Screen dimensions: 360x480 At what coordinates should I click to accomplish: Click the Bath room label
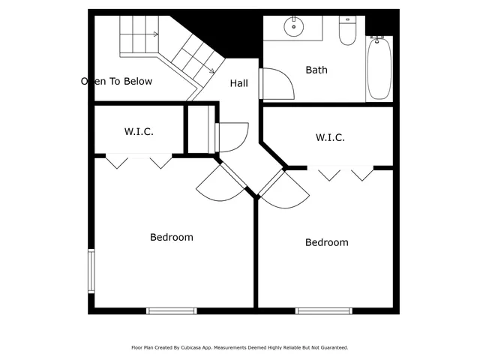click(x=316, y=70)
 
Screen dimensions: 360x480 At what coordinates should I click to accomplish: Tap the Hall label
click(x=239, y=83)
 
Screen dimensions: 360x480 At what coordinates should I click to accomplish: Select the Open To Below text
click(x=117, y=81)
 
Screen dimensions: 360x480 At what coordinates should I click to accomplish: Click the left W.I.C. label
click(x=139, y=131)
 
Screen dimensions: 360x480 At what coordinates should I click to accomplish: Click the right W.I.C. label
click(x=330, y=137)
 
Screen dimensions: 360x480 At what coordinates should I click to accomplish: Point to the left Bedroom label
click(x=172, y=237)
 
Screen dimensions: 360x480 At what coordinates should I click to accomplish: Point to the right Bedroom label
click(x=326, y=242)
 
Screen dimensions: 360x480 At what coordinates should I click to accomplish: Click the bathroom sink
click(x=294, y=28)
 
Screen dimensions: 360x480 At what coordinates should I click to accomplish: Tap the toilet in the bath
click(x=347, y=31)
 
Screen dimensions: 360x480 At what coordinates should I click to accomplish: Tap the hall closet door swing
click(x=232, y=136)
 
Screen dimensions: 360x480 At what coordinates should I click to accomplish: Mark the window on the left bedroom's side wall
click(x=91, y=271)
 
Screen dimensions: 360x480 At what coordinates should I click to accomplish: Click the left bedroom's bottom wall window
click(x=171, y=310)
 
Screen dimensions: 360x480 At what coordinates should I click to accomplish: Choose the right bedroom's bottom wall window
click(x=323, y=310)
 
